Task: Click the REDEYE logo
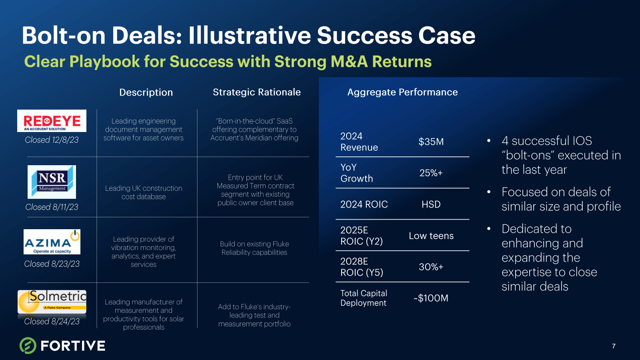point(52,120)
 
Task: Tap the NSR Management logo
point(52,182)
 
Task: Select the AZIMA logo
point(52,242)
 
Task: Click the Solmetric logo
point(52,302)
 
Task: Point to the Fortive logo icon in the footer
point(28,346)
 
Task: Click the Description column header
point(146,92)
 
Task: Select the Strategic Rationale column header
point(256,92)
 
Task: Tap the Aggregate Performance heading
point(402,92)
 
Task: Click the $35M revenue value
point(431,142)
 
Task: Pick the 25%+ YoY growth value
point(431,173)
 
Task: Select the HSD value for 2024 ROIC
point(431,204)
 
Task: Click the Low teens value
point(431,236)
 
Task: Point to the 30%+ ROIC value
point(431,267)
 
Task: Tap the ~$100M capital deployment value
point(431,298)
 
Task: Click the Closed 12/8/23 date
point(52,140)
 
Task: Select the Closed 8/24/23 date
point(52,322)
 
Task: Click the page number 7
point(614,346)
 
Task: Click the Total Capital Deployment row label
point(364,298)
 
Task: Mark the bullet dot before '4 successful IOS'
point(489,140)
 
